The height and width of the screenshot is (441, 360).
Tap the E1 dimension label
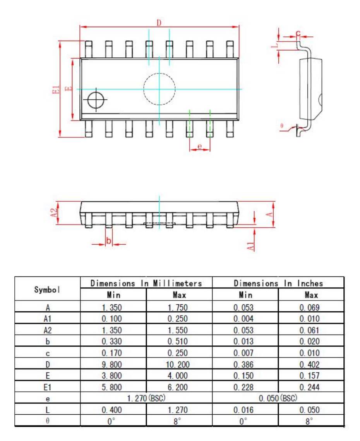[x=57, y=89]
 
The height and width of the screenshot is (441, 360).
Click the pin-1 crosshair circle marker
[x=96, y=100]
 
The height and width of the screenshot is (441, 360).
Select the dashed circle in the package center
[x=159, y=89]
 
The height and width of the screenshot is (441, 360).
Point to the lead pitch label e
[x=199, y=146]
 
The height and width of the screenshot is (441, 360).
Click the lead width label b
[x=108, y=241]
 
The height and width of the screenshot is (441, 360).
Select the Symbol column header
[x=47, y=289]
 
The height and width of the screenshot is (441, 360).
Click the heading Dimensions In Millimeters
[x=146, y=283]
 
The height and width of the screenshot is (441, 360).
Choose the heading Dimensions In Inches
[x=278, y=283]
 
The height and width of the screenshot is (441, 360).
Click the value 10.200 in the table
[x=179, y=364]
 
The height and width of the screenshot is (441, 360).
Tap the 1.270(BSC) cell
[x=146, y=398]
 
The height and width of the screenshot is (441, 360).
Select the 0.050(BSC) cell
[x=278, y=398]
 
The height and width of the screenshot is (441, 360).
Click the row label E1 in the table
[x=47, y=387]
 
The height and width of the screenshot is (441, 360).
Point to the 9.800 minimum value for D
[x=112, y=364]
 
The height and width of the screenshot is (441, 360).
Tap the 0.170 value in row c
[x=112, y=353]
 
